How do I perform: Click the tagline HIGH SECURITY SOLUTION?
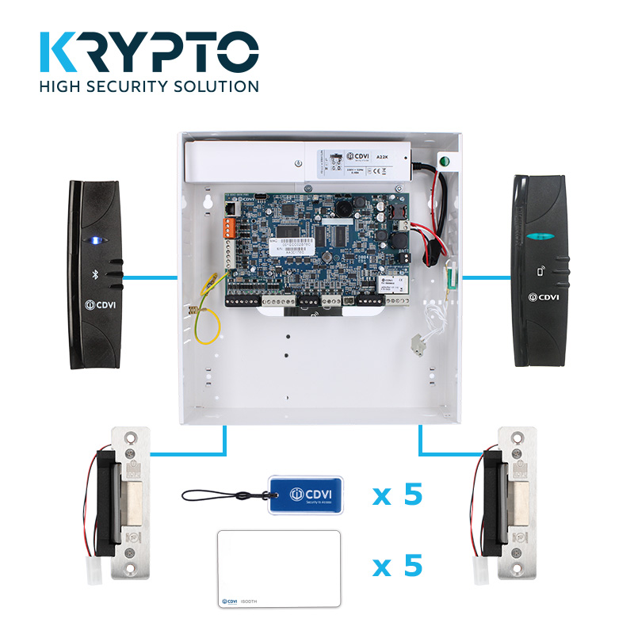tap(149, 86)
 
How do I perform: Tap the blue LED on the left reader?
tap(96, 239)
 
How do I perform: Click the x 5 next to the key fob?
tap(398, 495)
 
